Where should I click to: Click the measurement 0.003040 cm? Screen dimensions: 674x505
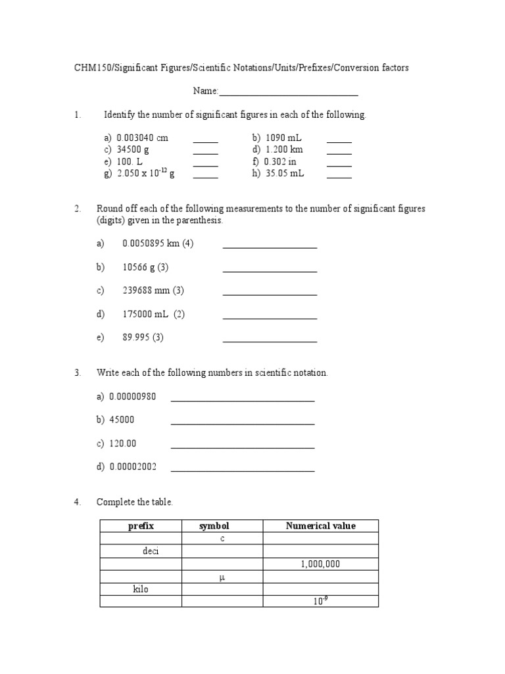142,138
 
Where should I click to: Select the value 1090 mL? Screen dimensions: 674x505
283,138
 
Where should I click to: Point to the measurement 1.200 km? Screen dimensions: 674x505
285,150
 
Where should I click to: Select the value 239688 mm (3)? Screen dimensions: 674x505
153,290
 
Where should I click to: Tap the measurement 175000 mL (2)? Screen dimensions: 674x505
153,314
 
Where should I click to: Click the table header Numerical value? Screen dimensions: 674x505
320,525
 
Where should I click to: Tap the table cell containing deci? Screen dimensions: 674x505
151,551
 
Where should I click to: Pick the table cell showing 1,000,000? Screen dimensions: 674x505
320,564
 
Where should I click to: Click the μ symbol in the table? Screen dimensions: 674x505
222,577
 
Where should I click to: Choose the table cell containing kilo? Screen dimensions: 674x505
141,589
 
